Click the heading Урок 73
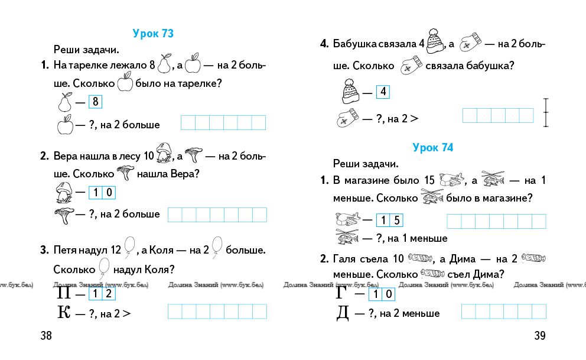pyautogui.click(x=153, y=34)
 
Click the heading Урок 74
pyautogui.click(x=432, y=148)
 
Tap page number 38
pyautogui.click(x=46, y=336)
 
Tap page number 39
pyautogui.click(x=540, y=336)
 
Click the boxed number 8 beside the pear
pyautogui.click(x=95, y=102)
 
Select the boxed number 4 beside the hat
pyautogui.click(x=383, y=92)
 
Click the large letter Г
pyautogui.click(x=342, y=293)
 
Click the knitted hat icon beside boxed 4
pyautogui.click(x=349, y=91)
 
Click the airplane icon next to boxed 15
pyautogui.click(x=348, y=220)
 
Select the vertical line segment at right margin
pyautogui.click(x=547, y=113)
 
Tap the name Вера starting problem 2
pyautogui.click(x=66, y=157)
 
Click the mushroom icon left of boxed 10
pyautogui.click(x=64, y=192)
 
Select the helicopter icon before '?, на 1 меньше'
pyautogui.click(x=348, y=238)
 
